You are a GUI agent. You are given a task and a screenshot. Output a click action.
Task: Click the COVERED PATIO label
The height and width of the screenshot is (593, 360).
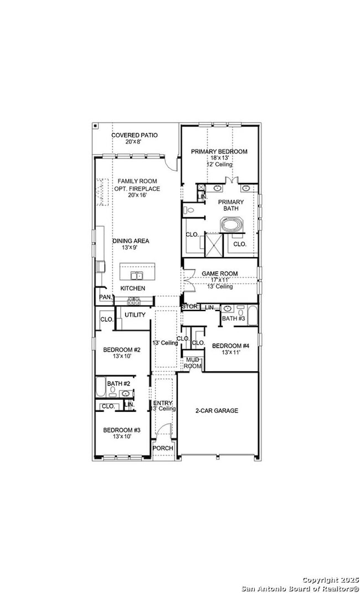134,135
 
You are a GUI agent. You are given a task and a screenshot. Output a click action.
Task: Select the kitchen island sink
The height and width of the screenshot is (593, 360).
136,275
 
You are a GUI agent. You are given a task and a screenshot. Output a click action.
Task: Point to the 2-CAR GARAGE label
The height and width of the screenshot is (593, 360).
217,411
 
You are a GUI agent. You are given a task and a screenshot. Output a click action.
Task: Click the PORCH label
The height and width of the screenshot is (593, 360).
163,448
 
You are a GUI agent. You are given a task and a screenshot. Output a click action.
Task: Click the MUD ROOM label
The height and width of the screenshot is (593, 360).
192,363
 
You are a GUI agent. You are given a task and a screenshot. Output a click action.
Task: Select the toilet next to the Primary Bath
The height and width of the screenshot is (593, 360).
188,210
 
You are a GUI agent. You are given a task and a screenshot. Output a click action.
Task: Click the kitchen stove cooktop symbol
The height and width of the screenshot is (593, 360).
134,301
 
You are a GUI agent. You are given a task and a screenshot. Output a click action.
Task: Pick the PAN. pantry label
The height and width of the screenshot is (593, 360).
105,298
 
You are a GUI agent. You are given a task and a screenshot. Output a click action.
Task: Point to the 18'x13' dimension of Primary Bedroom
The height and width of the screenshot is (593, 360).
219,158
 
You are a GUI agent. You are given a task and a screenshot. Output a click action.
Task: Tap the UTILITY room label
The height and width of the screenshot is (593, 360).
135,315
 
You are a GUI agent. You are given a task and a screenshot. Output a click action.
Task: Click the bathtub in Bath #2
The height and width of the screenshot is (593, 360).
101,387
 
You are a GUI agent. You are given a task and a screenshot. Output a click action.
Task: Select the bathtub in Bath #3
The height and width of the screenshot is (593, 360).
253,316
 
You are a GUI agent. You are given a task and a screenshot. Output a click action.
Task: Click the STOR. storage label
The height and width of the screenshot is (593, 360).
189,306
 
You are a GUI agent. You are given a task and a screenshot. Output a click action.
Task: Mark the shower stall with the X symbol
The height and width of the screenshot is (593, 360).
213,244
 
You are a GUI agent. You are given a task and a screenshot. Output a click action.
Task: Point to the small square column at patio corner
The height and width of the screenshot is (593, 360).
95,126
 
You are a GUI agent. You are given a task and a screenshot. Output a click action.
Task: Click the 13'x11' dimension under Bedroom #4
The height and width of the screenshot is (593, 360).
230,352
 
